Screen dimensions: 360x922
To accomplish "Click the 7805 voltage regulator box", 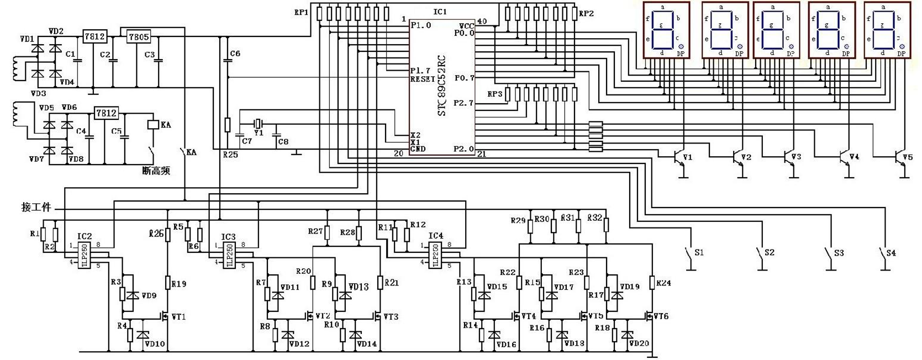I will tap(138, 36).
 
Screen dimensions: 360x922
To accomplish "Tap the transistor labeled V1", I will tap(678, 158).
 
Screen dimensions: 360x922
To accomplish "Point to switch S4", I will tap(883, 255).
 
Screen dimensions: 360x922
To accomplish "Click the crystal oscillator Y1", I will tap(257, 123).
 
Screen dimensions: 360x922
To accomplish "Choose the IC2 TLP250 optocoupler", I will tap(85, 255).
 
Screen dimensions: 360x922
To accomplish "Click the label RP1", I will tap(301, 12).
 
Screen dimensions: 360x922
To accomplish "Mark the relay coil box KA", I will tap(152, 125).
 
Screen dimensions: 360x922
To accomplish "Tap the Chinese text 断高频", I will tap(156, 171).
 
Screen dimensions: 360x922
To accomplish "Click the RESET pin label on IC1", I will tap(423, 80).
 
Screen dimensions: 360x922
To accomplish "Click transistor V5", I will tap(899, 158).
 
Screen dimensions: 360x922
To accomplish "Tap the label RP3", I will tap(494, 94).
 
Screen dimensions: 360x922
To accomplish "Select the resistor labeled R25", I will tap(227, 125).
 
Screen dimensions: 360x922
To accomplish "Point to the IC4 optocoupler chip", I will tap(436, 255).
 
